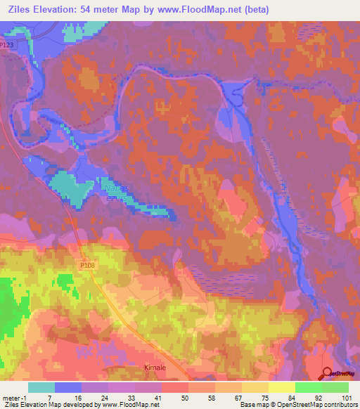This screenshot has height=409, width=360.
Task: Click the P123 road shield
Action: [x=7, y=45]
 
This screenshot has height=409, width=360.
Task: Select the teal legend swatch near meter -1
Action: [x=41, y=387]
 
